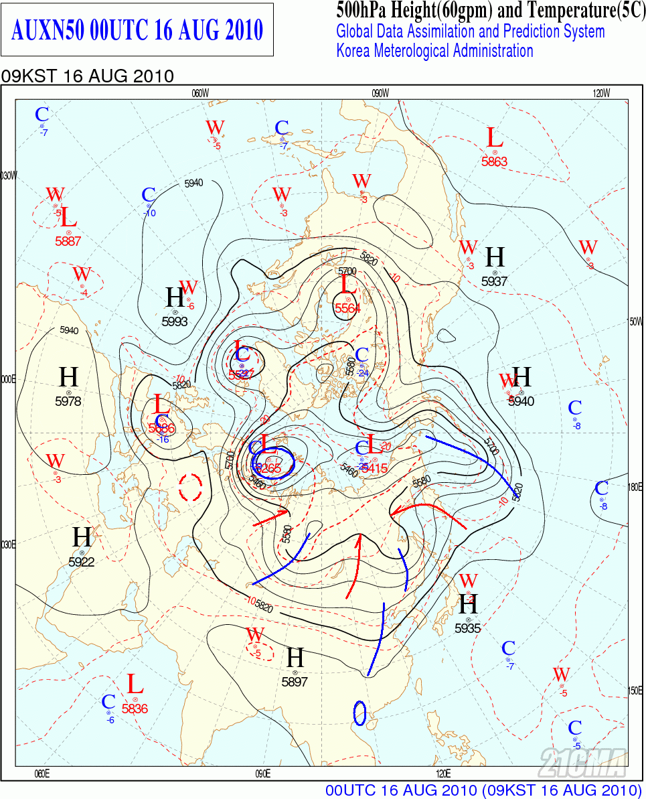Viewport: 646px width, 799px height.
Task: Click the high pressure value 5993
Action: [175, 321]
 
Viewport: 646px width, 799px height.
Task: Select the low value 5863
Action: [494, 161]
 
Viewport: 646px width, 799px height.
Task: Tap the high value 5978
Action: [68, 401]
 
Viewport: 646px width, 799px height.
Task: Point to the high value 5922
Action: [82, 562]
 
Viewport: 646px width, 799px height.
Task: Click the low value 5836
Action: [135, 708]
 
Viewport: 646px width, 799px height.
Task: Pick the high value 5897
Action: [295, 682]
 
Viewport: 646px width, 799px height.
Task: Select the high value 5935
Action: [468, 628]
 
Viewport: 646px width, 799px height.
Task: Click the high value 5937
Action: [494, 281]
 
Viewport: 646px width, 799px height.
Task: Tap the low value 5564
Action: [347, 308]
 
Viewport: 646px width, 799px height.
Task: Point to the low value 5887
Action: [68, 241]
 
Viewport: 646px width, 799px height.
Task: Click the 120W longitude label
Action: [601, 93]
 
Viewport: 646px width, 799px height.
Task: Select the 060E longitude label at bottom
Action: [42, 774]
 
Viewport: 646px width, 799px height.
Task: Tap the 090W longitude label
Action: [380, 93]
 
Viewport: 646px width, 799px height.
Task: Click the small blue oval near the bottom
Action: [359, 713]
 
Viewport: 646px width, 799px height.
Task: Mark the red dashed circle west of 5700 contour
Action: [191, 487]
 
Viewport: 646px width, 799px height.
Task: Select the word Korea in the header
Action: [355, 51]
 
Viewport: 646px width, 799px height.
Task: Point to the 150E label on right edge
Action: [635, 691]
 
